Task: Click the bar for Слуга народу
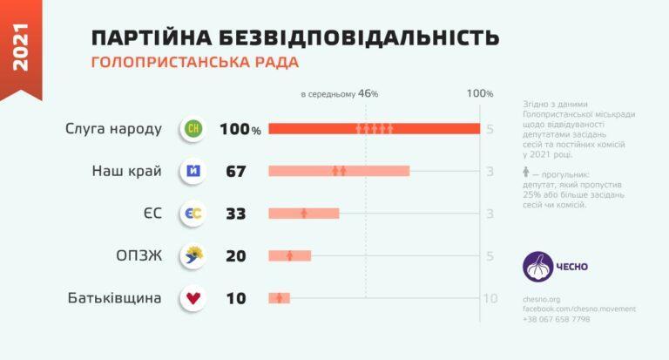pos(375,129)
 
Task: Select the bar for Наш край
pos(339,171)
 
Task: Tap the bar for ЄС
pos(303,213)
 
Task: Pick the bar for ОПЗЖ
pos(289,255)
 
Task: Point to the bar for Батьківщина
pos(279,298)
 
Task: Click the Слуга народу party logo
pos(193,129)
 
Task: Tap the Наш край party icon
pos(193,171)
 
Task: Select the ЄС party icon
pos(193,214)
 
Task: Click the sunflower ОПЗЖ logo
pos(193,255)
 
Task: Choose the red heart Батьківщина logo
pos(193,298)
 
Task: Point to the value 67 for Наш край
pos(235,172)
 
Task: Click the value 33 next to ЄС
pos(235,214)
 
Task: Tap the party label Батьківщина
pos(115,298)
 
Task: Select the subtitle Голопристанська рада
pos(194,63)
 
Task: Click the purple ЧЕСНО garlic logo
pos(537,267)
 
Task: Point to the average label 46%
pos(367,93)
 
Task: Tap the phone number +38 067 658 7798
pos(556,319)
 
